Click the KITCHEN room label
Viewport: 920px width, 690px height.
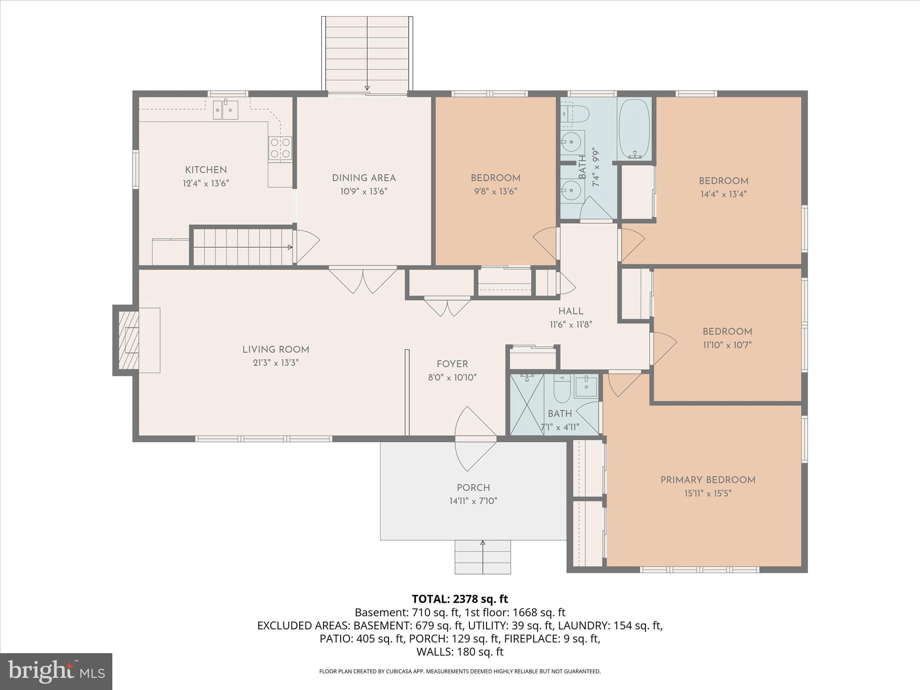pos(206,170)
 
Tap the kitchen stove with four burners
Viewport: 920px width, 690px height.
pos(280,148)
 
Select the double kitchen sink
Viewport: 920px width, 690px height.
pos(225,109)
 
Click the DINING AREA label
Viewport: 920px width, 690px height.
pos(363,178)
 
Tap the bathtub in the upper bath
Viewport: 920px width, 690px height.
pos(634,128)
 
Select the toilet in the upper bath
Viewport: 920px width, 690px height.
pos(576,114)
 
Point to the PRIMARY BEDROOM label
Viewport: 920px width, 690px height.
pos(708,480)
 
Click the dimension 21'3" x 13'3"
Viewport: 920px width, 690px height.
pos(275,363)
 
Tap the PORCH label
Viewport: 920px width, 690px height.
pos(473,487)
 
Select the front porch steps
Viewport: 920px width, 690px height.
pos(482,557)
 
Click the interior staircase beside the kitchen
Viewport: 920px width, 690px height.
pos(243,247)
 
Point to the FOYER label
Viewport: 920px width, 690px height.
pos(452,364)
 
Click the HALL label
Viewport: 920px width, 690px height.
pos(571,311)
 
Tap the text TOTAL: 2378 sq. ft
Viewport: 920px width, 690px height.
pos(460,599)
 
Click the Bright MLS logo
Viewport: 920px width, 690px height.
pos(56,671)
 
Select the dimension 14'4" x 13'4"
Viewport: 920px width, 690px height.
pos(723,195)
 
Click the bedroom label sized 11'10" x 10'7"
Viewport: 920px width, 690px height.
pos(727,332)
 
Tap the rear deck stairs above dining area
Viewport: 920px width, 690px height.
pos(367,54)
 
